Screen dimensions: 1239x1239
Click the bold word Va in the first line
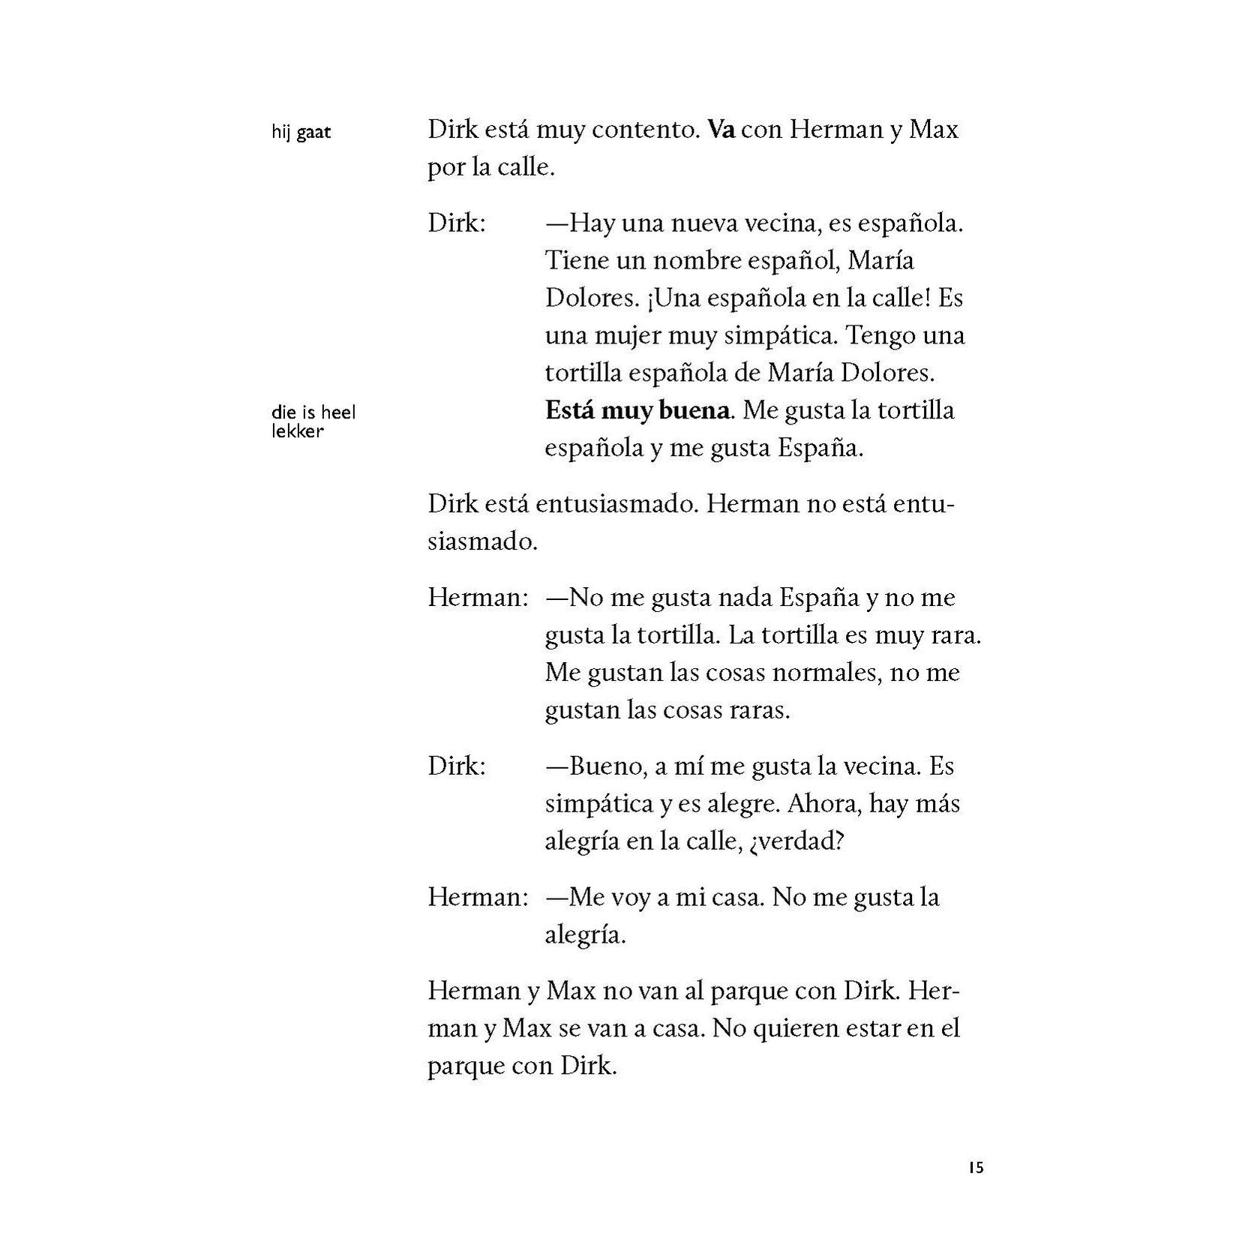click(x=721, y=130)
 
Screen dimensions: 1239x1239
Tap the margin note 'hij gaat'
click(x=301, y=133)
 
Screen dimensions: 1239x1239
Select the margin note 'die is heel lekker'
click(x=313, y=421)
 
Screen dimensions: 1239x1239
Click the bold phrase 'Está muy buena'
click(x=637, y=410)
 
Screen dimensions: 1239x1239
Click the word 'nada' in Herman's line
click(x=745, y=598)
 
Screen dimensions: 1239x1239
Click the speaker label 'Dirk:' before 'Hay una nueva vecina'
click(x=457, y=223)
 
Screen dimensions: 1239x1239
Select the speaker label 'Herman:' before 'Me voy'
click(x=478, y=897)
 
